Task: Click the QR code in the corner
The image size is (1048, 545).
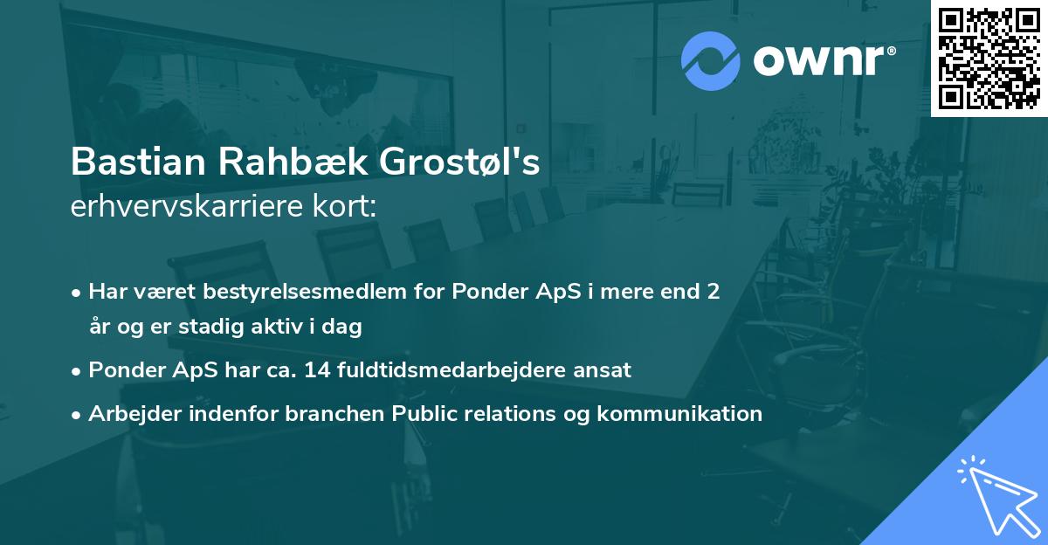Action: [989, 58]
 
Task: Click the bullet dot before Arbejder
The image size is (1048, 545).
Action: [78, 414]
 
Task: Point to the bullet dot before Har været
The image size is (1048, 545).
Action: [78, 293]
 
